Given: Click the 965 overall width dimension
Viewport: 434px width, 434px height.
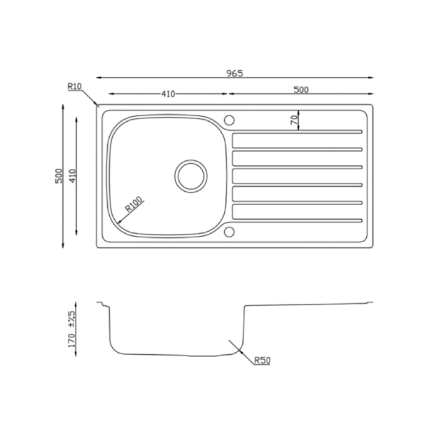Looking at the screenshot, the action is pyautogui.click(x=234, y=73).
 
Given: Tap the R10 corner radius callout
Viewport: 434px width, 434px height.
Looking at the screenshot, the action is pyautogui.click(x=75, y=86).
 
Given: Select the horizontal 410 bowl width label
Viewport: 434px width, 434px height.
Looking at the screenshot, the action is pyautogui.click(x=168, y=94).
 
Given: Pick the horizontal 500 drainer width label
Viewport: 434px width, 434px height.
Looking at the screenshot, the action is pyautogui.click(x=301, y=90).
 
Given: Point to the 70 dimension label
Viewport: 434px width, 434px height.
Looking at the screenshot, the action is pyautogui.click(x=295, y=120).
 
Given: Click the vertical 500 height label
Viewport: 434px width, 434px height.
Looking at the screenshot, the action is pyautogui.click(x=59, y=176).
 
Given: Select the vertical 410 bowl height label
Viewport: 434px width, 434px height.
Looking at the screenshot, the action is pyautogui.click(x=73, y=176).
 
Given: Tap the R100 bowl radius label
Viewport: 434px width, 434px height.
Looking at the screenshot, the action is pyautogui.click(x=134, y=204).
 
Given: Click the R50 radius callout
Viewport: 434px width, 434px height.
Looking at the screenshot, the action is pyautogui.click(x=262, y=360).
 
